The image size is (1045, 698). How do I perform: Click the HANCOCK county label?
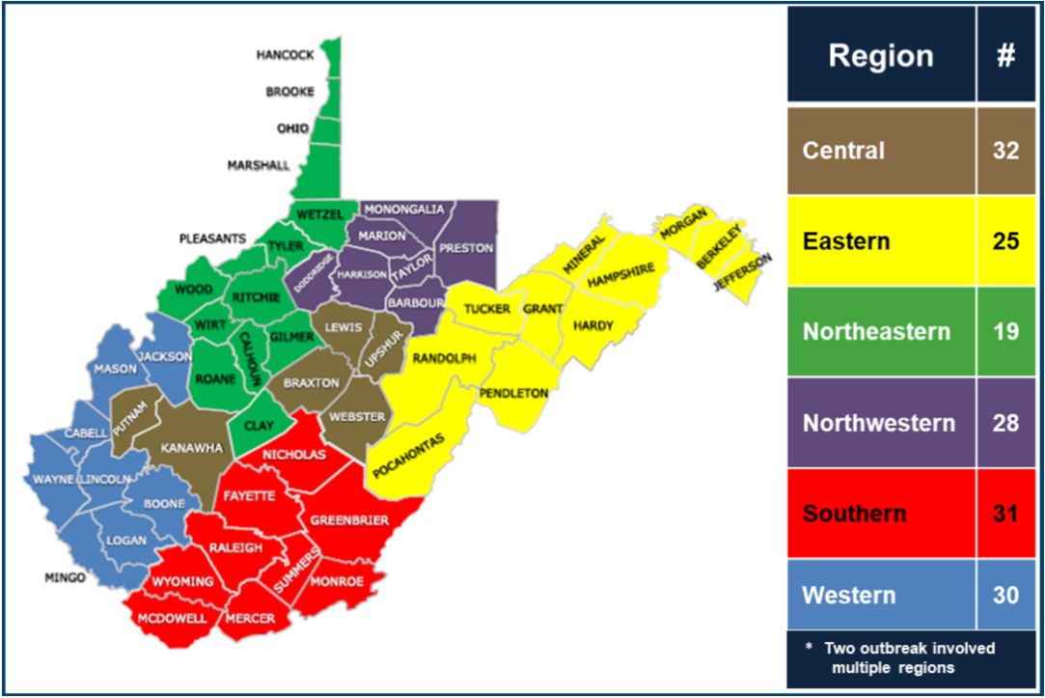point(285,55)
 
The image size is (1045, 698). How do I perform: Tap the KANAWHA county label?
point(193,448)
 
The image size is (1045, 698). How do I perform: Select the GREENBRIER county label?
point(349,520)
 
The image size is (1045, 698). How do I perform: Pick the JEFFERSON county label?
point(743,273)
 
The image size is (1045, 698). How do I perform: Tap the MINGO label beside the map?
point(65,578)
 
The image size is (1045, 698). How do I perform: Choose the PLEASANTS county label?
point(212,237)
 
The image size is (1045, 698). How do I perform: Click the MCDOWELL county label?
point(172,619)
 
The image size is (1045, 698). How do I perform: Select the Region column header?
point(880,55)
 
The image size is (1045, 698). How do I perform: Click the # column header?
point(1005,55)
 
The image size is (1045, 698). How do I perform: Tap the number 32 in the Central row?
point(1005,151)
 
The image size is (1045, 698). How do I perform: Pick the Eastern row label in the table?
point(845,240)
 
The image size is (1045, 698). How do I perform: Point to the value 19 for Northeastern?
point(1005,331)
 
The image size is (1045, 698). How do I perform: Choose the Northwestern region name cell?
point(878,423)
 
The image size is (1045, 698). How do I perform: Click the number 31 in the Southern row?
point(1005,513)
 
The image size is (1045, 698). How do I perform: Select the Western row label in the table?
point(849,595)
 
